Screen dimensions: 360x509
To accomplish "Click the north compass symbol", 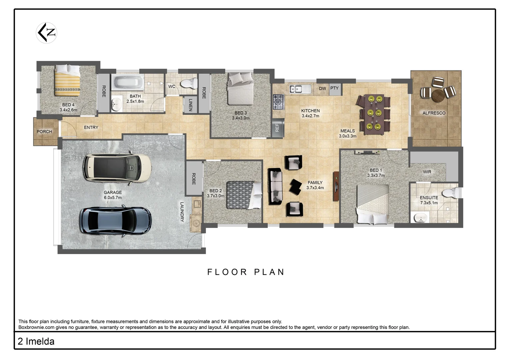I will point(47,33).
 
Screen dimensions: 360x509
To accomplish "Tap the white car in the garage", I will point(117,167).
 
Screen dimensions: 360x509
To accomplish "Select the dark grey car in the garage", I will point(115,221).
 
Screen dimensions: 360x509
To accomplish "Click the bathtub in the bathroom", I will point(128,82).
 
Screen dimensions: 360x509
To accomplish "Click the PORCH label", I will point(44,132).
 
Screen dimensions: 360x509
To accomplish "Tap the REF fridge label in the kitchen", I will point(277,128).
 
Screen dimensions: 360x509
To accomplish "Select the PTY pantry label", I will point(334,88).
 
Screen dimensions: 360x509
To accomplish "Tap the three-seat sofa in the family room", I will point(275,186).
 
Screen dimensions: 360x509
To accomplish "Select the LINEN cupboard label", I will point(190,105).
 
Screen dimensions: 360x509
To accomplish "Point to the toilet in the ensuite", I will point(450,193).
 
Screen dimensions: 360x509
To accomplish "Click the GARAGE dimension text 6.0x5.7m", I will point(113,198).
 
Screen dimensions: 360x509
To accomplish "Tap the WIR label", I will point(427,172).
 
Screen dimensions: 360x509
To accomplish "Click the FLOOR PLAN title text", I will point(246,272).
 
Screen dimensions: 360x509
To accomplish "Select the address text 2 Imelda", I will point(36,341).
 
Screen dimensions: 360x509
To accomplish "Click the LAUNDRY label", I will point(182,212).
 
